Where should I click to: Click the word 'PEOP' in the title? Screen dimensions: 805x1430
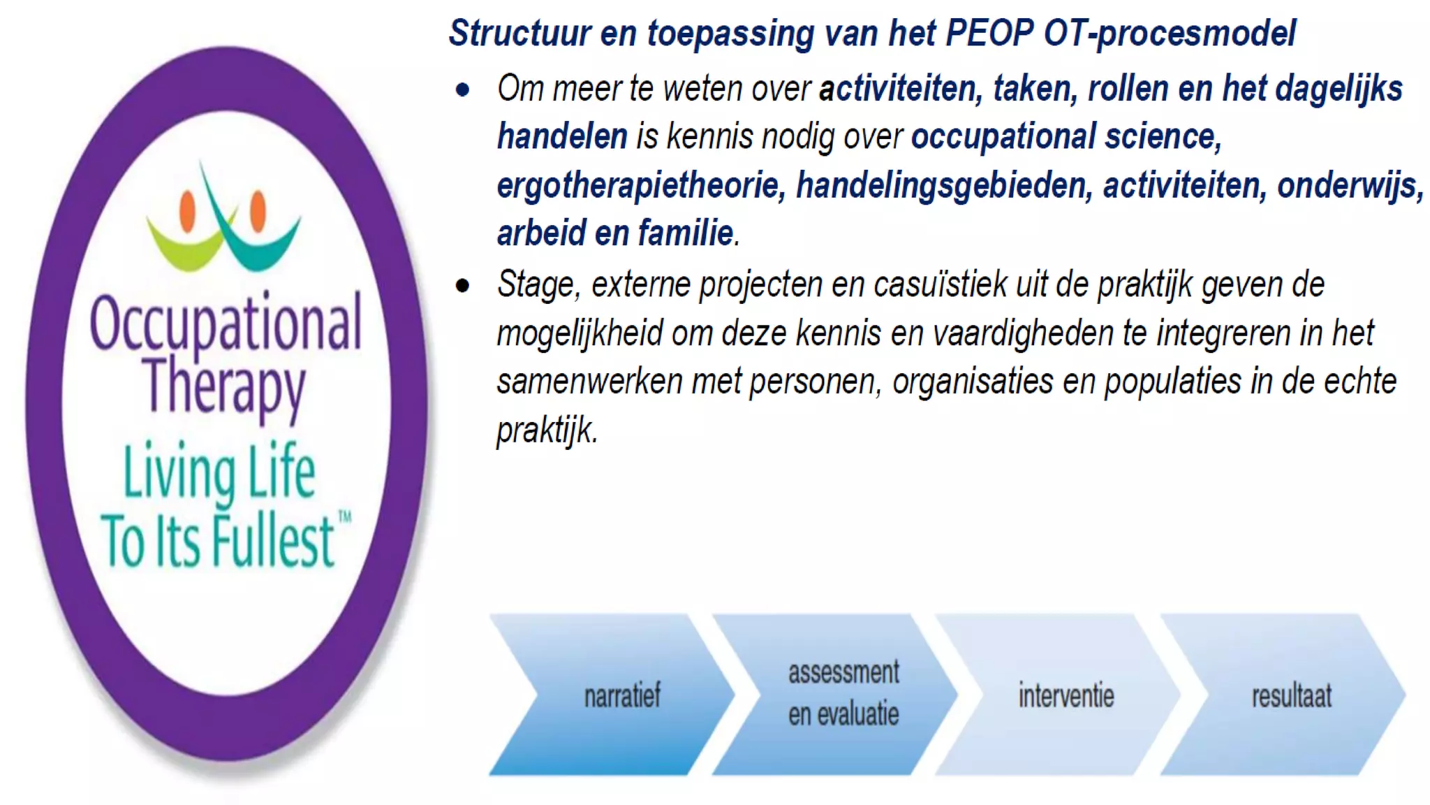(x=988, y=33)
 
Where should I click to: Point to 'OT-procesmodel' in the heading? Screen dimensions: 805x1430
(x=1170, y=33)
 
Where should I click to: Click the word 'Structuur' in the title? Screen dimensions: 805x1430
(x=519, y=33)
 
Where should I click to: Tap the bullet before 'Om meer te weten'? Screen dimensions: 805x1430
(x=462, y=89)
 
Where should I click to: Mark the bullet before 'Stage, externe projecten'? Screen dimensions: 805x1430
(x=462, y=285)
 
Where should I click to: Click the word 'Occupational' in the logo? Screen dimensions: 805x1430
(x=226, y=324)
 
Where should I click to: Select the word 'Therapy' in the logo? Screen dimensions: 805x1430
(x=224, y=386)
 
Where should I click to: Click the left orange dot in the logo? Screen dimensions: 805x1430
(x=187, y=212)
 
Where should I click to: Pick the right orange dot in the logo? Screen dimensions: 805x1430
(x=258, y=210)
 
